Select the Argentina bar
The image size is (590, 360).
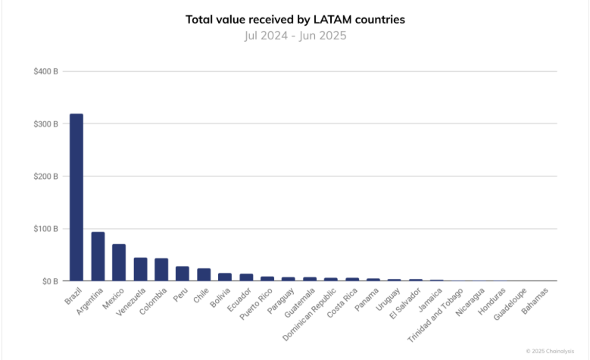pyautogui.click(x=98, y=256)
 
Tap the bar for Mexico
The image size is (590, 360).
pyautogui.click(x=119, y=262)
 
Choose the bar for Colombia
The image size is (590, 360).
pyautogui.click(x=161, y=270)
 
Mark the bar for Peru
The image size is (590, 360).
pyautogui.click(x=183, y=274)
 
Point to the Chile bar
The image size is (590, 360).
pyautogui.click(x=204, y=274)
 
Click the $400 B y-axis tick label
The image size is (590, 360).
pyautogui.click(x=46, y=71)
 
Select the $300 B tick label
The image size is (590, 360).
pyautogui.click(x=46, y=124)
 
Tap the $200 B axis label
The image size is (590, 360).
pyautogui.click(x=46, y=176)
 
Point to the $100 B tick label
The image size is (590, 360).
pyautogui.click(x=46, y=228)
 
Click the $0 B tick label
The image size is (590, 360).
pyautogui.click(x=49, y=281)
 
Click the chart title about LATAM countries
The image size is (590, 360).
pyautogui.click(x=295, y=20)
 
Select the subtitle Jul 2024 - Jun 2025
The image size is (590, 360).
pyautogui.click(x=295, y=35)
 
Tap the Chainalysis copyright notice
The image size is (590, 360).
pyautogui.click(x=556, y=351)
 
